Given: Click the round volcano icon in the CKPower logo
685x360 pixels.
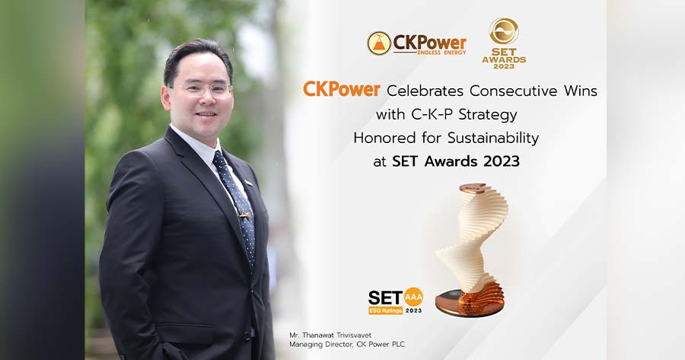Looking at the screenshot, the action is pyautogui.click(x=379, y=43).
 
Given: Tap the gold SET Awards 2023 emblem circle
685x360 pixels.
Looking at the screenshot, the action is pyautogui.click(x=504, y=31).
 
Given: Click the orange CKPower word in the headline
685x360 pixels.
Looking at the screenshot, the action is pyautogui.click(x=342, y=90).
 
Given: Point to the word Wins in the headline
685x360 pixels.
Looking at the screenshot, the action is pyautogui.click(x=581, y=91).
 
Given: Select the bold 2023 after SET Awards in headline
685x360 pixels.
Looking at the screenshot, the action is pyautogui.click(x=502, y=161).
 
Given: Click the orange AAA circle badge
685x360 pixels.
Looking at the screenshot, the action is pyautogui.click(x=413, y=297).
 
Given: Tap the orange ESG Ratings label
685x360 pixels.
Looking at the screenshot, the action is pyautogui.click(x=385, y=311).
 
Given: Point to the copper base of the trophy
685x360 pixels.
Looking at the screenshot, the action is pyautogui.click(x=470, y=301).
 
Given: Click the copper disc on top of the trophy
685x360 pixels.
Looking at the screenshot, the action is pyautogui.click(x=473, y=188).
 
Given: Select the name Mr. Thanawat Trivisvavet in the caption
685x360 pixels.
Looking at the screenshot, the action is pyautogui.click(x=330, y=335).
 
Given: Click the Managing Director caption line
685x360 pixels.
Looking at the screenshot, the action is pyautogui.click(x=347, y=344).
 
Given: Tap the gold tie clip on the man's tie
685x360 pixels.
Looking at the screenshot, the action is pyautogui.click(x=244, y=215).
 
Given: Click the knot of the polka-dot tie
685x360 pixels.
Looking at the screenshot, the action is pyautogui.click(x=220, y=160).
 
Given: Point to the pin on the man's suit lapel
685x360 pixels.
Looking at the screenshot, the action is pyautogui.click(x=249, y=182).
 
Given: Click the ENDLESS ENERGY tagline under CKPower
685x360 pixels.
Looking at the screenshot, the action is pyautogui.click(x=441, y=53).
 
